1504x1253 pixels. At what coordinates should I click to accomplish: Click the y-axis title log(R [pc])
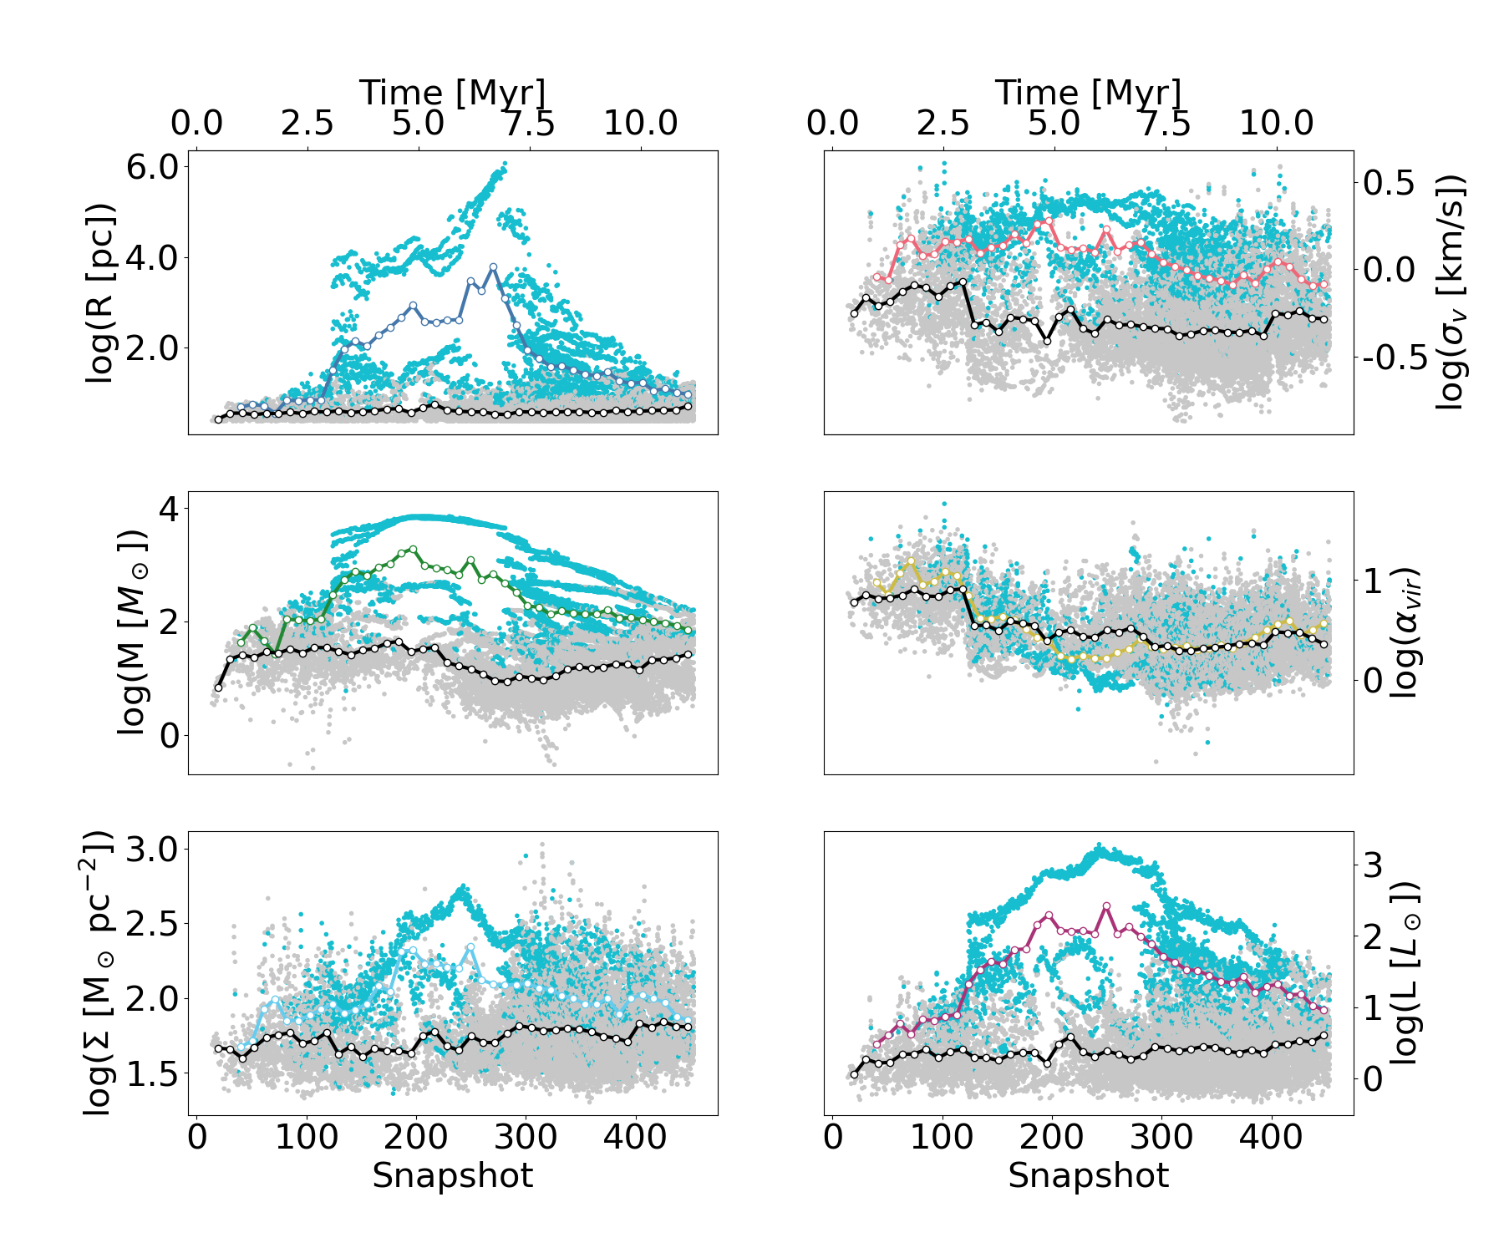99,293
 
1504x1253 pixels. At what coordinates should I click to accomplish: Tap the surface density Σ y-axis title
99,972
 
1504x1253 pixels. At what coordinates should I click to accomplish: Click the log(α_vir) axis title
1404,632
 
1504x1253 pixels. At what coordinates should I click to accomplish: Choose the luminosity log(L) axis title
1404,972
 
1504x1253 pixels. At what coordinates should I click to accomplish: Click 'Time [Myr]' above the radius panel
453,92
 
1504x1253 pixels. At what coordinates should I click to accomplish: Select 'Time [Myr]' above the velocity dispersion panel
1088,92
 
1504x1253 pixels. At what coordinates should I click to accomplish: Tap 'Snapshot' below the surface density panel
453,1175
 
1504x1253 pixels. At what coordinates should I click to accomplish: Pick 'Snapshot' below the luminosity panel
1088,1175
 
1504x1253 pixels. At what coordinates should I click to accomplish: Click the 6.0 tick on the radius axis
152,166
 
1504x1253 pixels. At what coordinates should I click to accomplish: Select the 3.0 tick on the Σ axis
152,850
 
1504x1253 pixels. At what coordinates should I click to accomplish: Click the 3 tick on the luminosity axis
1374,865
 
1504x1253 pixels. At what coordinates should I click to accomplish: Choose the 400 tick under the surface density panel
636,1137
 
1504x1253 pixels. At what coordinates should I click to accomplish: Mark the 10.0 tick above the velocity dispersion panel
1276,123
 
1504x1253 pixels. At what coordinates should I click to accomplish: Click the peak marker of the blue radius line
493,266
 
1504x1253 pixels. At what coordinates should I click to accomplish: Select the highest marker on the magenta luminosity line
1106,906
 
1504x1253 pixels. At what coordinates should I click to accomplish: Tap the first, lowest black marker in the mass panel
219,687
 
